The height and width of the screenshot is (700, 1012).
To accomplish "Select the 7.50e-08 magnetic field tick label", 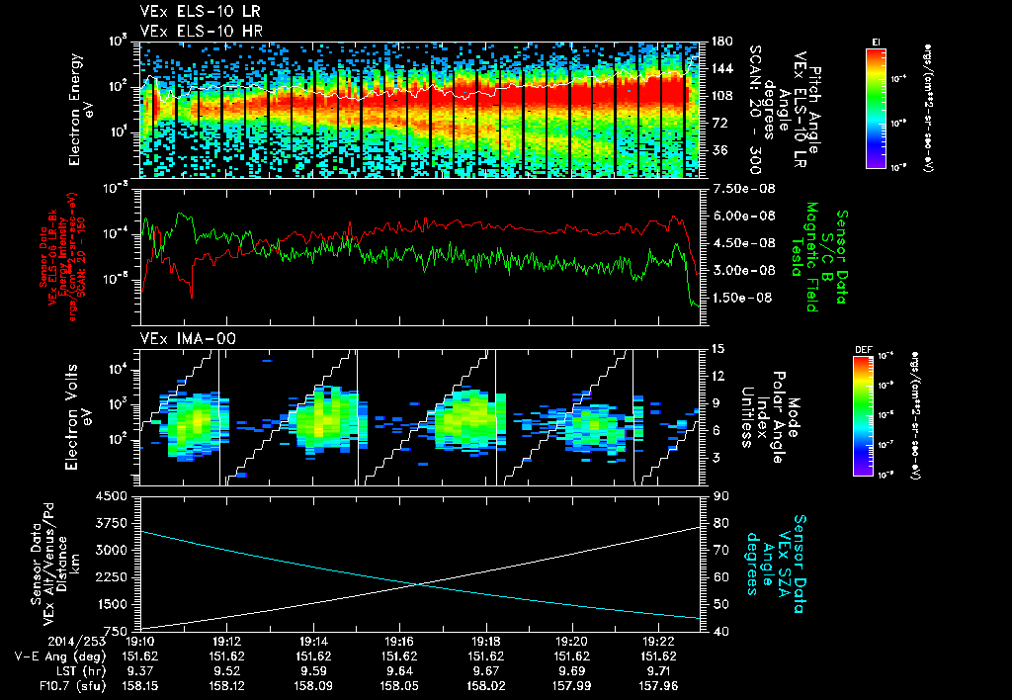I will pos(737,189).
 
